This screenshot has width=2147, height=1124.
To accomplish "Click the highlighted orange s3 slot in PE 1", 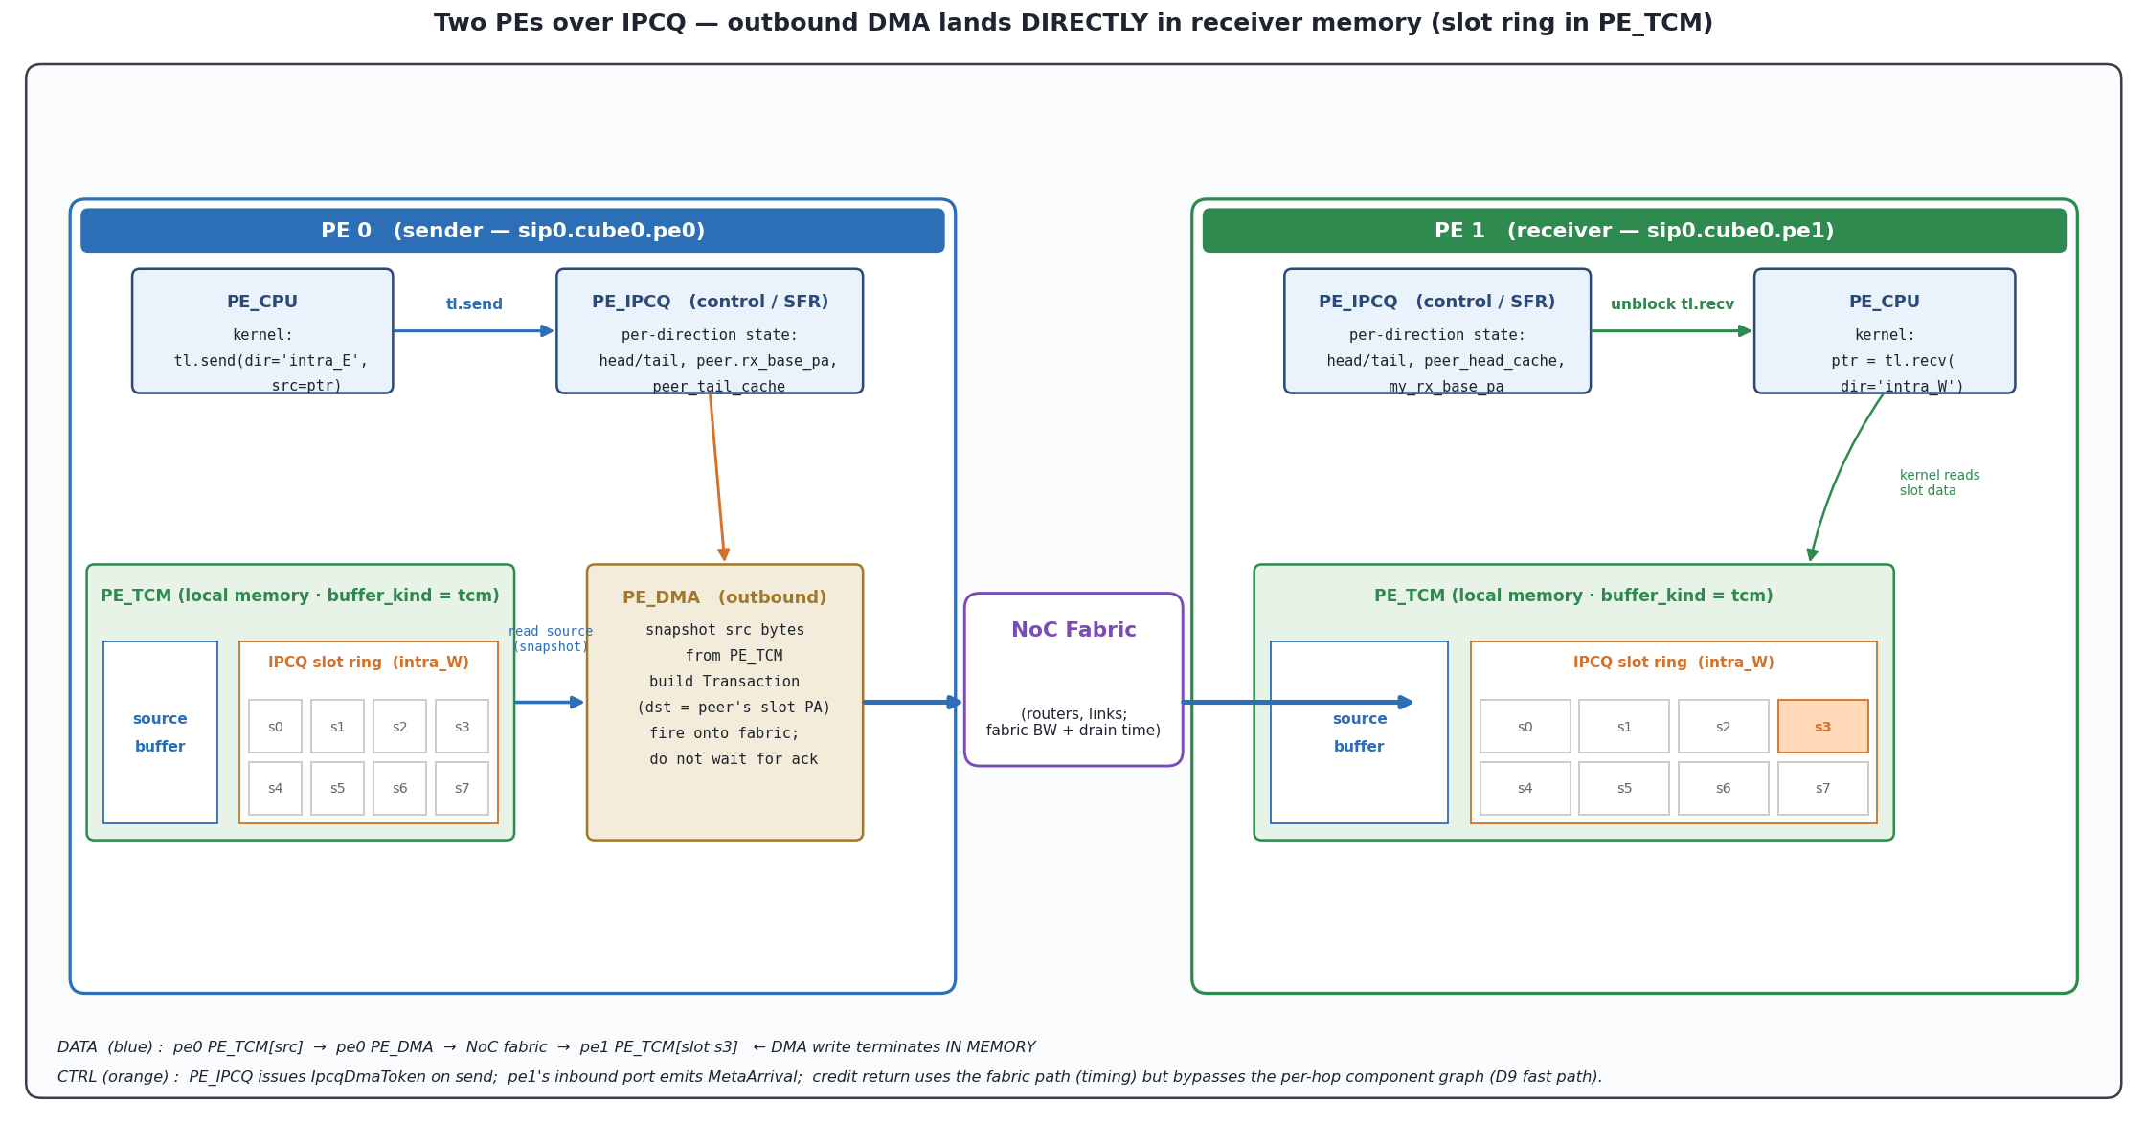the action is tap(1822, 726).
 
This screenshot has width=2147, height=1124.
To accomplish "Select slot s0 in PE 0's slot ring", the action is tap(275, 726).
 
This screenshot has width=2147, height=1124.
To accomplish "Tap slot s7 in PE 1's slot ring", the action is tap(1822, 788).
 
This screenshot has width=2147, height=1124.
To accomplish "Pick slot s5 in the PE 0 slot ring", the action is tap(337, 788).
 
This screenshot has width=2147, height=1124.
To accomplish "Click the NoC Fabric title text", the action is tap(1073, 630).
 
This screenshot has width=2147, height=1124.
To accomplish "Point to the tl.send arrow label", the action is tap(474, 304).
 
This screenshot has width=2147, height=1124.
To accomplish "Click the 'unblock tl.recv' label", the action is tap(1672, 304).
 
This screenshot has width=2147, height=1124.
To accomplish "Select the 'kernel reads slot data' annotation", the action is tap(1939, 483).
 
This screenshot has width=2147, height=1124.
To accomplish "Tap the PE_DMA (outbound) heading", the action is tap(724, 597).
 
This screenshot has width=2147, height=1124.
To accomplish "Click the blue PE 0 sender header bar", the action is tap(512, 231).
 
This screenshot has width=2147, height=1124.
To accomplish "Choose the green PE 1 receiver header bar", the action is tap(1634, 231).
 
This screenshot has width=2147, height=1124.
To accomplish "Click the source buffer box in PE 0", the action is tap(160, 732).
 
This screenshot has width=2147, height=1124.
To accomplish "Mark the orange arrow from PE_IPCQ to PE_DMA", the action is tap(717, 477).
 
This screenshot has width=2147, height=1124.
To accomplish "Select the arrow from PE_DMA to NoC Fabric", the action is tap(913, 702).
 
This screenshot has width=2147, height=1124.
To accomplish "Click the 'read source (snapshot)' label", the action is tap(551, 639).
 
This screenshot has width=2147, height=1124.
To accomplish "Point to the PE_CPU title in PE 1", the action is tap(1884, 302).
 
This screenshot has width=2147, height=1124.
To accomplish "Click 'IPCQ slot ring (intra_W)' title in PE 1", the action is tap(1673, 663).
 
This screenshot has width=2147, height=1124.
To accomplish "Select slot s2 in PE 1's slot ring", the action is tap(1723, 726).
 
